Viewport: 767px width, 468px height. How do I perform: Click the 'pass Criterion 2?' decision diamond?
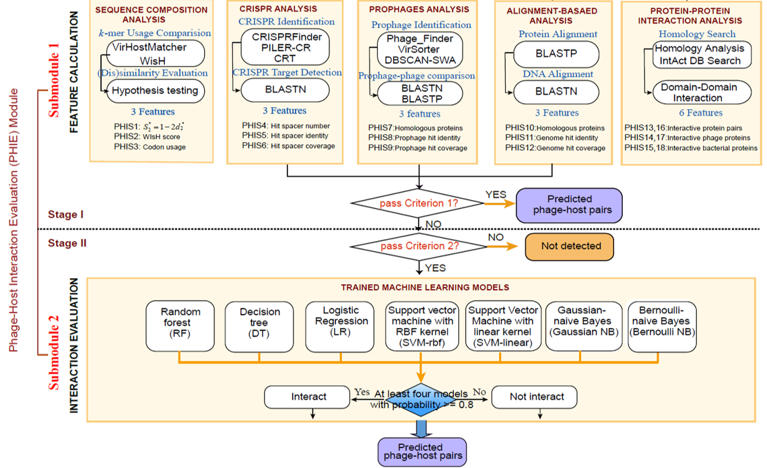[x=420, y=246]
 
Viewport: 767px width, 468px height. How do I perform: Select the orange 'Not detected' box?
[x=570, y=246]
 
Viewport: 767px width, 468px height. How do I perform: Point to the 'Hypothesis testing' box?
[x=154, y=90]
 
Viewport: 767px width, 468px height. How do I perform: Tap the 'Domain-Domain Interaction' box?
[x=698, y=92]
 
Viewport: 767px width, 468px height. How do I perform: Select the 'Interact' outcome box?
[x=310, y=397]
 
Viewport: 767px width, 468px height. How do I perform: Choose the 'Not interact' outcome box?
[x=537, y=397]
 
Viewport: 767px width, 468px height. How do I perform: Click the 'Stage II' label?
[x=67, y=244]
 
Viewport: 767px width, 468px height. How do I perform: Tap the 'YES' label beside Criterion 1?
[x=496, y=195]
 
